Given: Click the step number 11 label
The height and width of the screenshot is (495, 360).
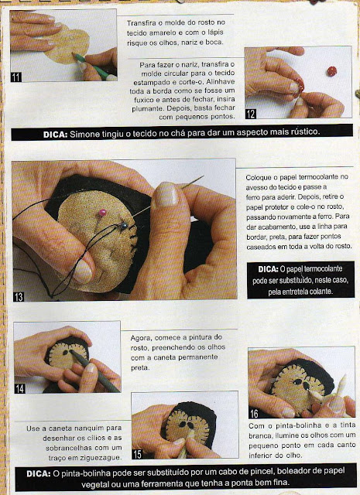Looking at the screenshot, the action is point(15,77).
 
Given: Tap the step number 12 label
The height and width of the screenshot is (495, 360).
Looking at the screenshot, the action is point(251,114).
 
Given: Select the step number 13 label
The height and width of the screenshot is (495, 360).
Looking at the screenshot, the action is point(19,296).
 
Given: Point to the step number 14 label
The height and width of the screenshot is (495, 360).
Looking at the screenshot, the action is point(19,388).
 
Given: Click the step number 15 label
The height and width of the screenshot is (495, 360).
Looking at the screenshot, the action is point(137,454).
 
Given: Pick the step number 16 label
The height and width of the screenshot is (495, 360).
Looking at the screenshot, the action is point(254,413).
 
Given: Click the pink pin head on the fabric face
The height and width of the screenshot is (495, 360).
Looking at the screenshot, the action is point(101,213).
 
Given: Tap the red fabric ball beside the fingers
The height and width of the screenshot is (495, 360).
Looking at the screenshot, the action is point(331,71).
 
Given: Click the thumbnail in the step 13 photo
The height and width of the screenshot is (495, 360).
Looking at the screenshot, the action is point(165,195).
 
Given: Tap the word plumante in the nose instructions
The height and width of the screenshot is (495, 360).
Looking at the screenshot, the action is point(145,108).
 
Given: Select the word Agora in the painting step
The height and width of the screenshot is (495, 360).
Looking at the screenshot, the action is point(140,339).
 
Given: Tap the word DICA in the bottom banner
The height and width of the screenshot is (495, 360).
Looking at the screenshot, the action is point(38,473).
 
